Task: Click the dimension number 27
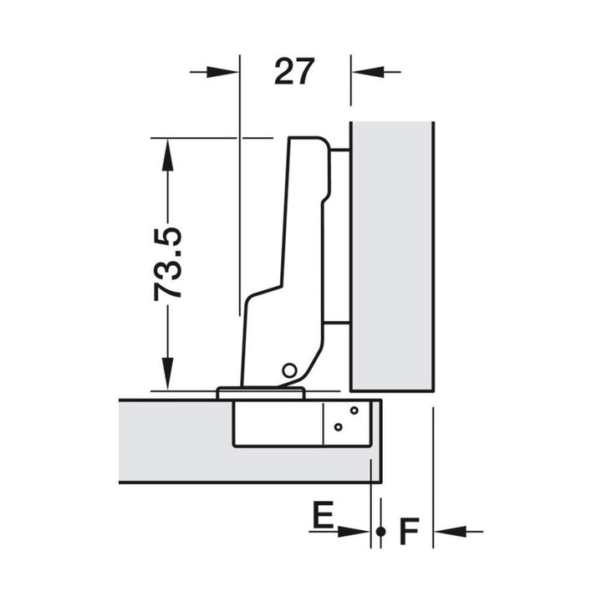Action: coord(294,72)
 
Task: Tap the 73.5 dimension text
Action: coord(167,264)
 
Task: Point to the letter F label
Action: coord(409,532)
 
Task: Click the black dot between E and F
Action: coord(381,532)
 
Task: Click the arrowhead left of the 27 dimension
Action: coord(222,72)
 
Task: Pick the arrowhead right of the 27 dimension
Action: coord(368,72)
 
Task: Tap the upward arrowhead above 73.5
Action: coord(167,155)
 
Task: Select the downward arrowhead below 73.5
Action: coord(167,374)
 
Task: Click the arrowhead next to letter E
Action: coord(354,532)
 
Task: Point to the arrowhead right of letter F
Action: coord(450,532)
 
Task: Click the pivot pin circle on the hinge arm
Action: coord(289,370)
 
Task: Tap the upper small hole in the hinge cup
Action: coord(354,411)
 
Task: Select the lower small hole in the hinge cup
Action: coord(339,427)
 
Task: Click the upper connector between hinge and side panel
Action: coord(339,150)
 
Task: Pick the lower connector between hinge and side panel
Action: coord(337,323)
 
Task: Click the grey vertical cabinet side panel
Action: coord(392,257)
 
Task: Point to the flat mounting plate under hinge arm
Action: coord(261,394)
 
